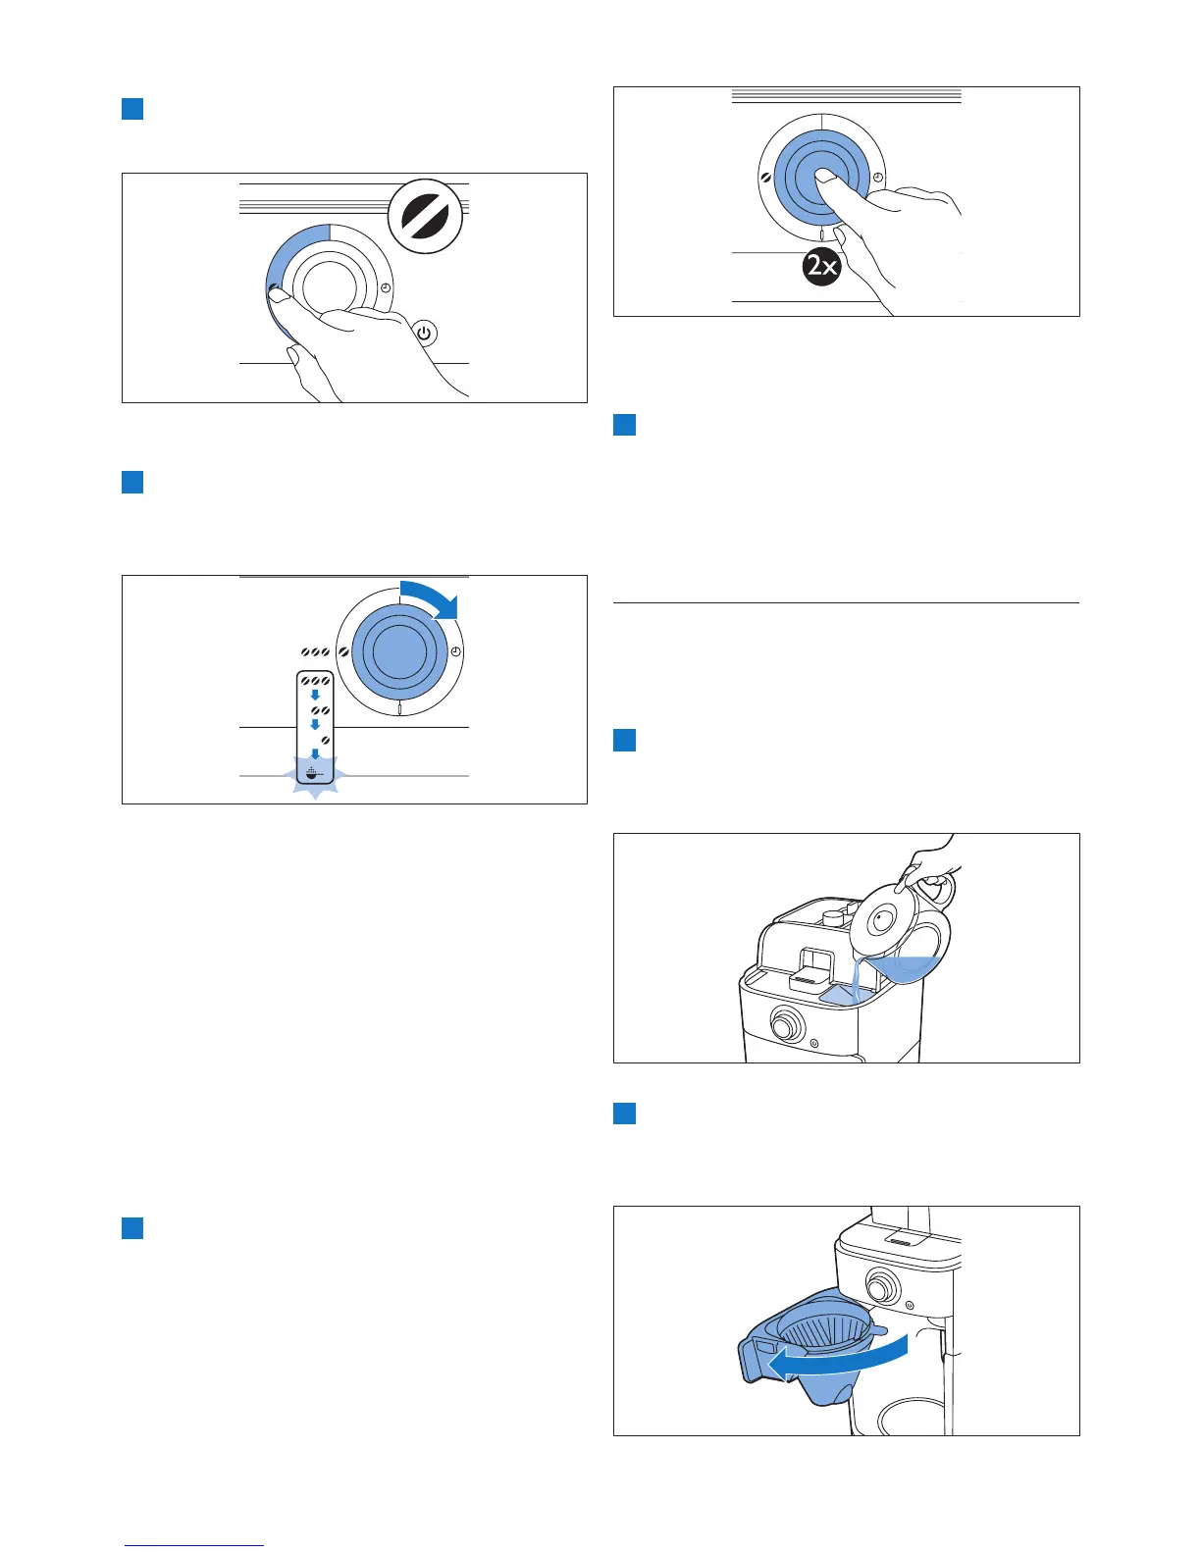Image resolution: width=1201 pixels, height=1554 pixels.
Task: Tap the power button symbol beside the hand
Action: (424, 334)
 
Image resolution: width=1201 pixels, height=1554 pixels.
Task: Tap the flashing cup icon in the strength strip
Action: (315, 774)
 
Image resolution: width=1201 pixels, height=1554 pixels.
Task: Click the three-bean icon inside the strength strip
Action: (316, 680)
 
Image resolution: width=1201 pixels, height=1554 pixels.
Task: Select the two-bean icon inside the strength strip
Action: (319, 709)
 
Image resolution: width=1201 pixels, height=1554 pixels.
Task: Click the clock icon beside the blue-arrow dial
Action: (455, 652)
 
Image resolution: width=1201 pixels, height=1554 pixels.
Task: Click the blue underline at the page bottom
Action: (194, 1546)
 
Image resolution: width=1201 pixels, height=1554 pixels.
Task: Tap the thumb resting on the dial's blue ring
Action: (280, 292)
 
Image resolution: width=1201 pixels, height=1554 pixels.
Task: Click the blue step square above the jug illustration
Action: (625, 740)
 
